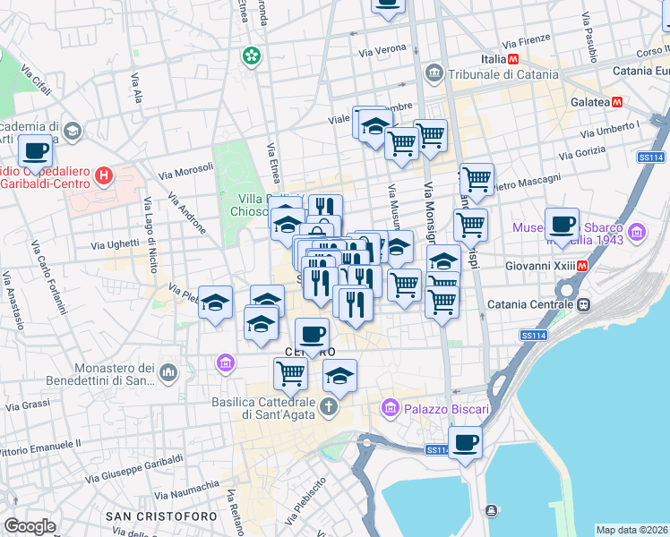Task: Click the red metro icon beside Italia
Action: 513,59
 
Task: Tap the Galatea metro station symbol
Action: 616,102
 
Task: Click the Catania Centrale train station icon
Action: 583,304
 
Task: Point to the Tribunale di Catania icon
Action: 434,72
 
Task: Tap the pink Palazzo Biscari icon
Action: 389,409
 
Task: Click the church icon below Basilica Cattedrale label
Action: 329,408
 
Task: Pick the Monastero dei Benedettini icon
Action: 167,371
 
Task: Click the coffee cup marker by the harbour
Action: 465,441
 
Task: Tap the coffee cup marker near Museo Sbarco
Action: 562,224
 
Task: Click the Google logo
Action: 30,526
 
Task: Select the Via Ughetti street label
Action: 116,243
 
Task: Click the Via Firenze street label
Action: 525,42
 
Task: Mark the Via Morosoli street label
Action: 185,168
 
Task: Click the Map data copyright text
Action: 631,530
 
